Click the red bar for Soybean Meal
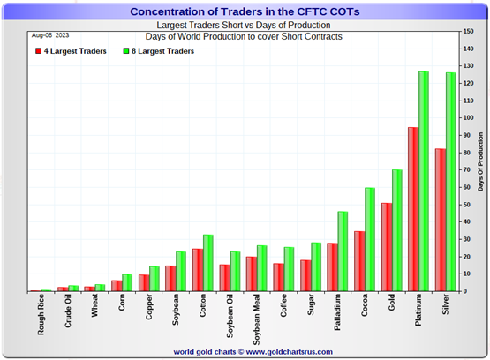pos(252,274)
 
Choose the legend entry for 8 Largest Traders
pos(162,52)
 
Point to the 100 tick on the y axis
pos(467,118)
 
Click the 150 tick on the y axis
pos(467,32)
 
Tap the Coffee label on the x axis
pos(282,310)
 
